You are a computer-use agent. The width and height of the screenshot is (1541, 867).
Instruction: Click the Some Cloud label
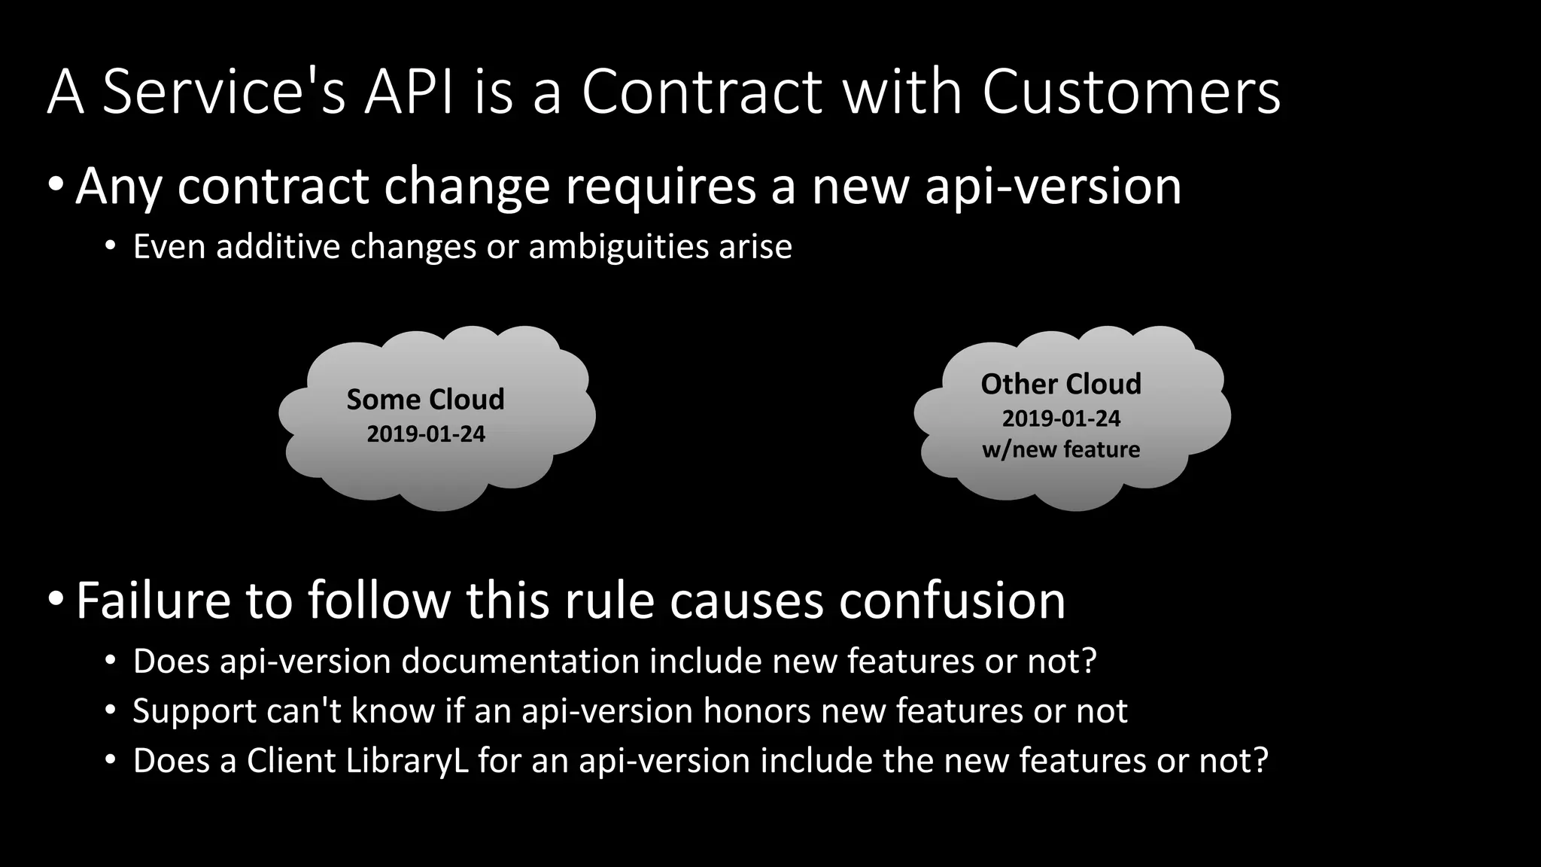pyautogui.click(x=425, y=400)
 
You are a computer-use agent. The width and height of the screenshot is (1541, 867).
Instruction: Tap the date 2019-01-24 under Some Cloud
pyautogui.click(x=426, y=434)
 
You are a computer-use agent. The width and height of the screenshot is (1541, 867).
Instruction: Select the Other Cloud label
pyautogui.click(x=1061, y=384)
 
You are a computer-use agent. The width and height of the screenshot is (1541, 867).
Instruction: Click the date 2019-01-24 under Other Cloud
pyautogui.click(x=1061, y=418)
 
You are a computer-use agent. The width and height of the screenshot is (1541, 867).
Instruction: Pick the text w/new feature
pyautogui.click(x=1061, y=449)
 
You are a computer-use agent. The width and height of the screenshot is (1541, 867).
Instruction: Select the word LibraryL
pyautogui.click(x=407, y=761)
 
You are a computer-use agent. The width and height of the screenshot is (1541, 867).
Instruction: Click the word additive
pyautogui.click(x=278, y=247)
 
